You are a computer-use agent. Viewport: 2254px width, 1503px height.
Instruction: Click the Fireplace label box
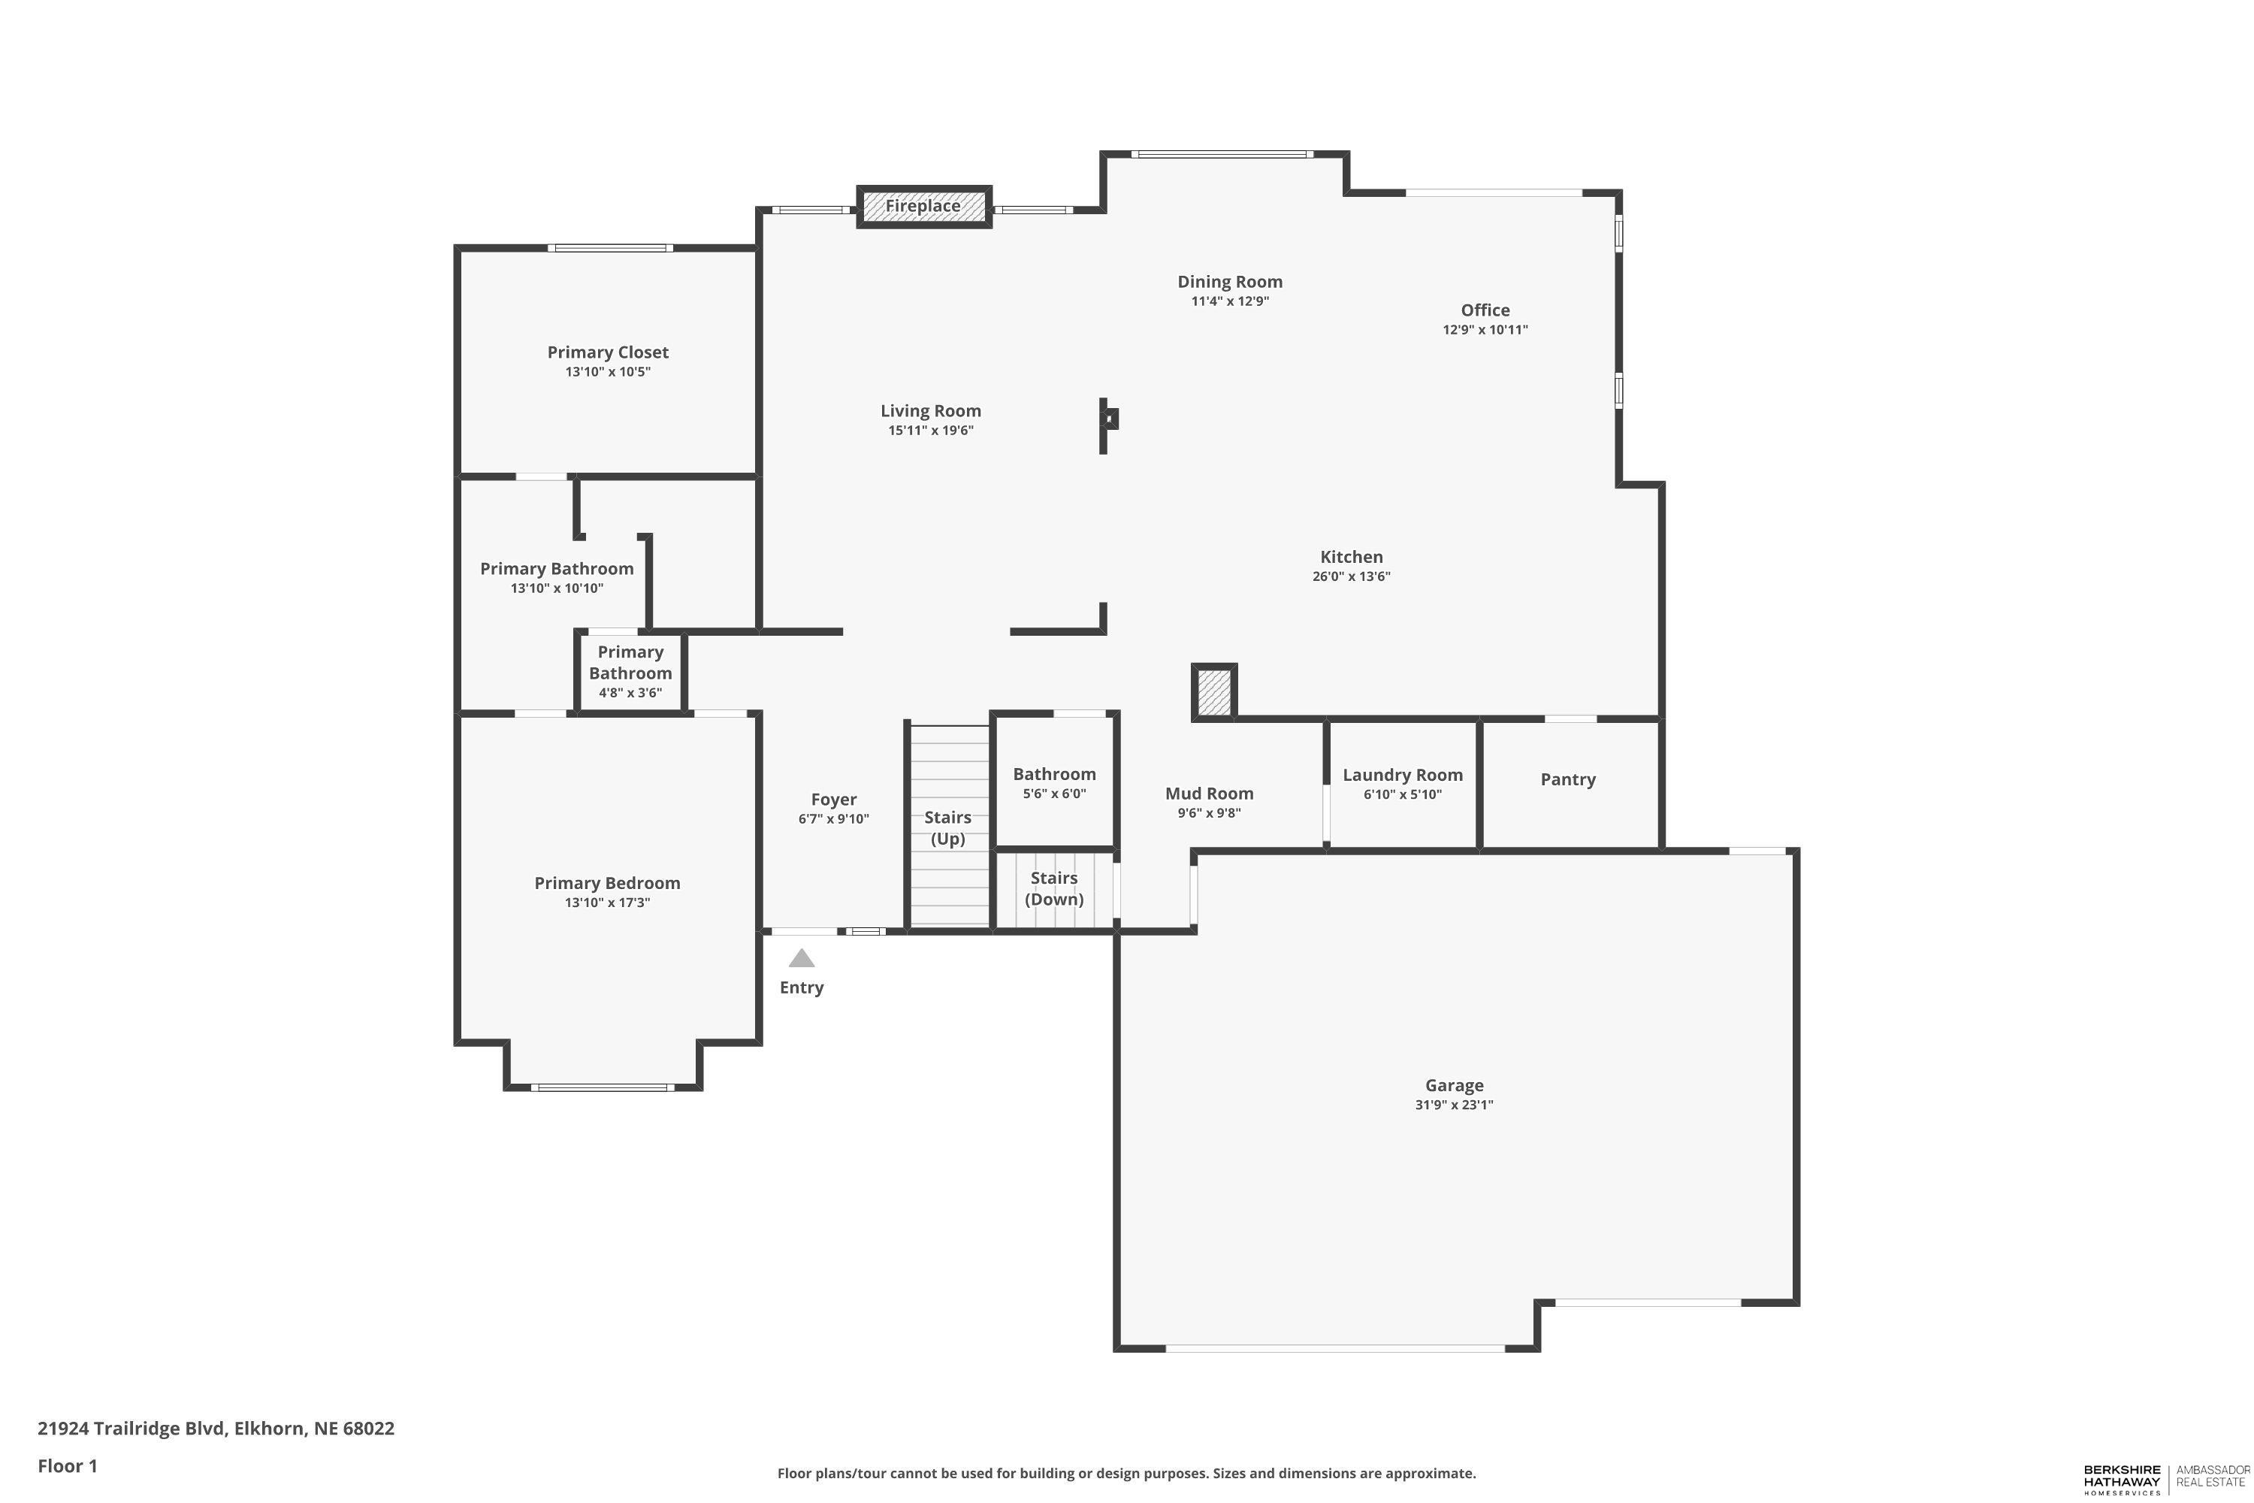click(x=923, y=206)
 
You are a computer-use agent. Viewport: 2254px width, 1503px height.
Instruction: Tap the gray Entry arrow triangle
click(x=801, y=959)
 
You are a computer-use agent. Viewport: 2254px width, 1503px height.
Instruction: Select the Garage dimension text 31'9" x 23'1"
click(x=1454, y=1104)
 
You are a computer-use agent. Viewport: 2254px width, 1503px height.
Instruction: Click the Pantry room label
click(x=1568, y=779)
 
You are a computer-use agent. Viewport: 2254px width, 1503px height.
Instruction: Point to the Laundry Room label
click(x=1402, y=775)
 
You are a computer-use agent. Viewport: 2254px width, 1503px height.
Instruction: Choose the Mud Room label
click(x=1210, y=793)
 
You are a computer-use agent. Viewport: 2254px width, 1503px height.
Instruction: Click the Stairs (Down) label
click(x=1054, y=888)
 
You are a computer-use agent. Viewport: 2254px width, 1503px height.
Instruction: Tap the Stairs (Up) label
click(x=947, y=828)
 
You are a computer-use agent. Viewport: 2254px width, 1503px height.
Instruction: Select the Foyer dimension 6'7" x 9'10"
click(x=834, y=818)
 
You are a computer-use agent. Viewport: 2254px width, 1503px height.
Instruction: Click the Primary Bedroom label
click(x=608, y=883)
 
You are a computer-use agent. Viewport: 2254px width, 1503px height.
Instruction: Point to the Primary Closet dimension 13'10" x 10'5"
click(x=608, y=372)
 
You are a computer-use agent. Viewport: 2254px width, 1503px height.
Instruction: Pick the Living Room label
click(x=931, y=411)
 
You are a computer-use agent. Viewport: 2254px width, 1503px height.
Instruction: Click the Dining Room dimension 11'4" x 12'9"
click(x=1231, y=301)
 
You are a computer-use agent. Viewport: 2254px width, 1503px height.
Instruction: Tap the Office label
click(x=1485, y=310)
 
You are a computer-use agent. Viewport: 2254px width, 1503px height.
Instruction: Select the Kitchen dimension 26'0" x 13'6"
click(x=1351, y=576)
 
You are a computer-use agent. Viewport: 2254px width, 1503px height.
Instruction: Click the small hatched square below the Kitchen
click(x=1214, y=691)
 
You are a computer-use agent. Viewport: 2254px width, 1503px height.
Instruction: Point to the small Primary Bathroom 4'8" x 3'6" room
click(x=630, y=671)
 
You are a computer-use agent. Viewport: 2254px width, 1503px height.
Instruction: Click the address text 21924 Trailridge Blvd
click(x=131, y=1429)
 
